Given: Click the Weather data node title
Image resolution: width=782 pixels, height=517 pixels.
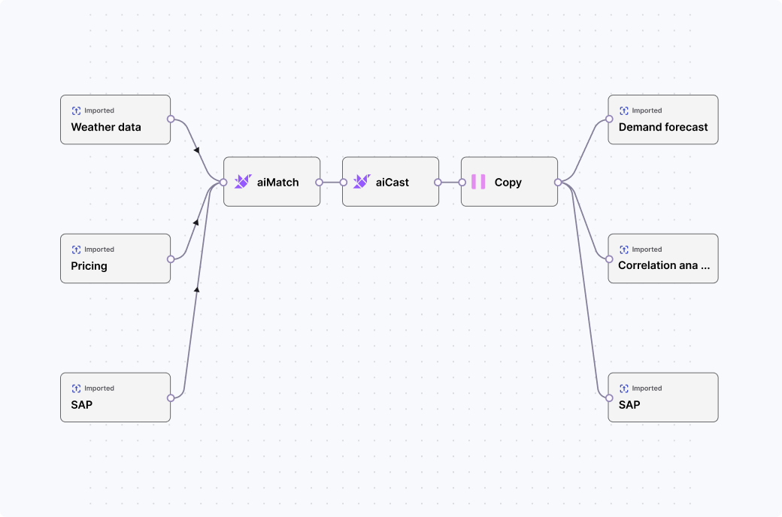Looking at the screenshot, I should pyautogui.click(x=106, y=127).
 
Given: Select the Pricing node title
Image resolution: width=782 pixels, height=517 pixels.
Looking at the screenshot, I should pyautogui.click(x=89, y=266).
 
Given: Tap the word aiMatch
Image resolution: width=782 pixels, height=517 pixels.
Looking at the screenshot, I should pyautogui.click(x=277, y=182).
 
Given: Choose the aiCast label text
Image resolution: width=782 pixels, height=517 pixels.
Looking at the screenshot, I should pyautogui.click(x=393, y=182).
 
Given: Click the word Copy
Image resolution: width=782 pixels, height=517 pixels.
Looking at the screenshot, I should pyautogui.click(x=508, y=182).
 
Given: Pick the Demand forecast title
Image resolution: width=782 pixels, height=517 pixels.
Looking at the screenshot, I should pyautogui.click(x=663, y=127).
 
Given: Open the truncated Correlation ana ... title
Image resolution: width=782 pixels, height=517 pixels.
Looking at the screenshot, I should pyautogui.click(x=663, y=265).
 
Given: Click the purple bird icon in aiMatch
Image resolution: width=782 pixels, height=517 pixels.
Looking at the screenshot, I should pyautogui.click(x=242, y=182).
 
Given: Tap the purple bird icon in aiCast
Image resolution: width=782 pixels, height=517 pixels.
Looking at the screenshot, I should pyautogui.click(x=362, y=182).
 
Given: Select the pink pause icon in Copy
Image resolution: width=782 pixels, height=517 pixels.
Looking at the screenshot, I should pyautogui.click(x=478, y=182).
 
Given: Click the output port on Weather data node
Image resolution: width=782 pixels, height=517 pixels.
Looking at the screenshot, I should pyautogui.click(x=171, y=119).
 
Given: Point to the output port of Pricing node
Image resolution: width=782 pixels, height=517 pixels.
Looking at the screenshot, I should pyautogui.click(x=171, y=258).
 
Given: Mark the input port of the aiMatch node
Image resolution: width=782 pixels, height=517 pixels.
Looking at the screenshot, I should pyautogui.click(x=223, y=182).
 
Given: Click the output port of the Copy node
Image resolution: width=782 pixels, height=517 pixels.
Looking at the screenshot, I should pyautogui.click(x=558, y=182).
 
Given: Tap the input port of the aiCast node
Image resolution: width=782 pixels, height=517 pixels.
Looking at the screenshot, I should pyautogui.click(x=343, y=182).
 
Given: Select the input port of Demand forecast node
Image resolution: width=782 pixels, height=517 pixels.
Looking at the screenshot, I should pyautogui.click(x=608, y=119).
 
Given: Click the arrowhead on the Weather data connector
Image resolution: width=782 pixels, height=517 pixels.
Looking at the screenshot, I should pyautogui.click(x=197, y=150).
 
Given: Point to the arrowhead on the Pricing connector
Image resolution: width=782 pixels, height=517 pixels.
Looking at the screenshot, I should pyautogui.click(x=196, y=222).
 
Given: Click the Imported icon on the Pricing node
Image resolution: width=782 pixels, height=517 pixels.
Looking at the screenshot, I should pyautogui.click(x=76, y=249).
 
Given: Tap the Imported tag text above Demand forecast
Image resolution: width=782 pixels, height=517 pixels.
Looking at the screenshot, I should pyautogui.click(x=647, y=110).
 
